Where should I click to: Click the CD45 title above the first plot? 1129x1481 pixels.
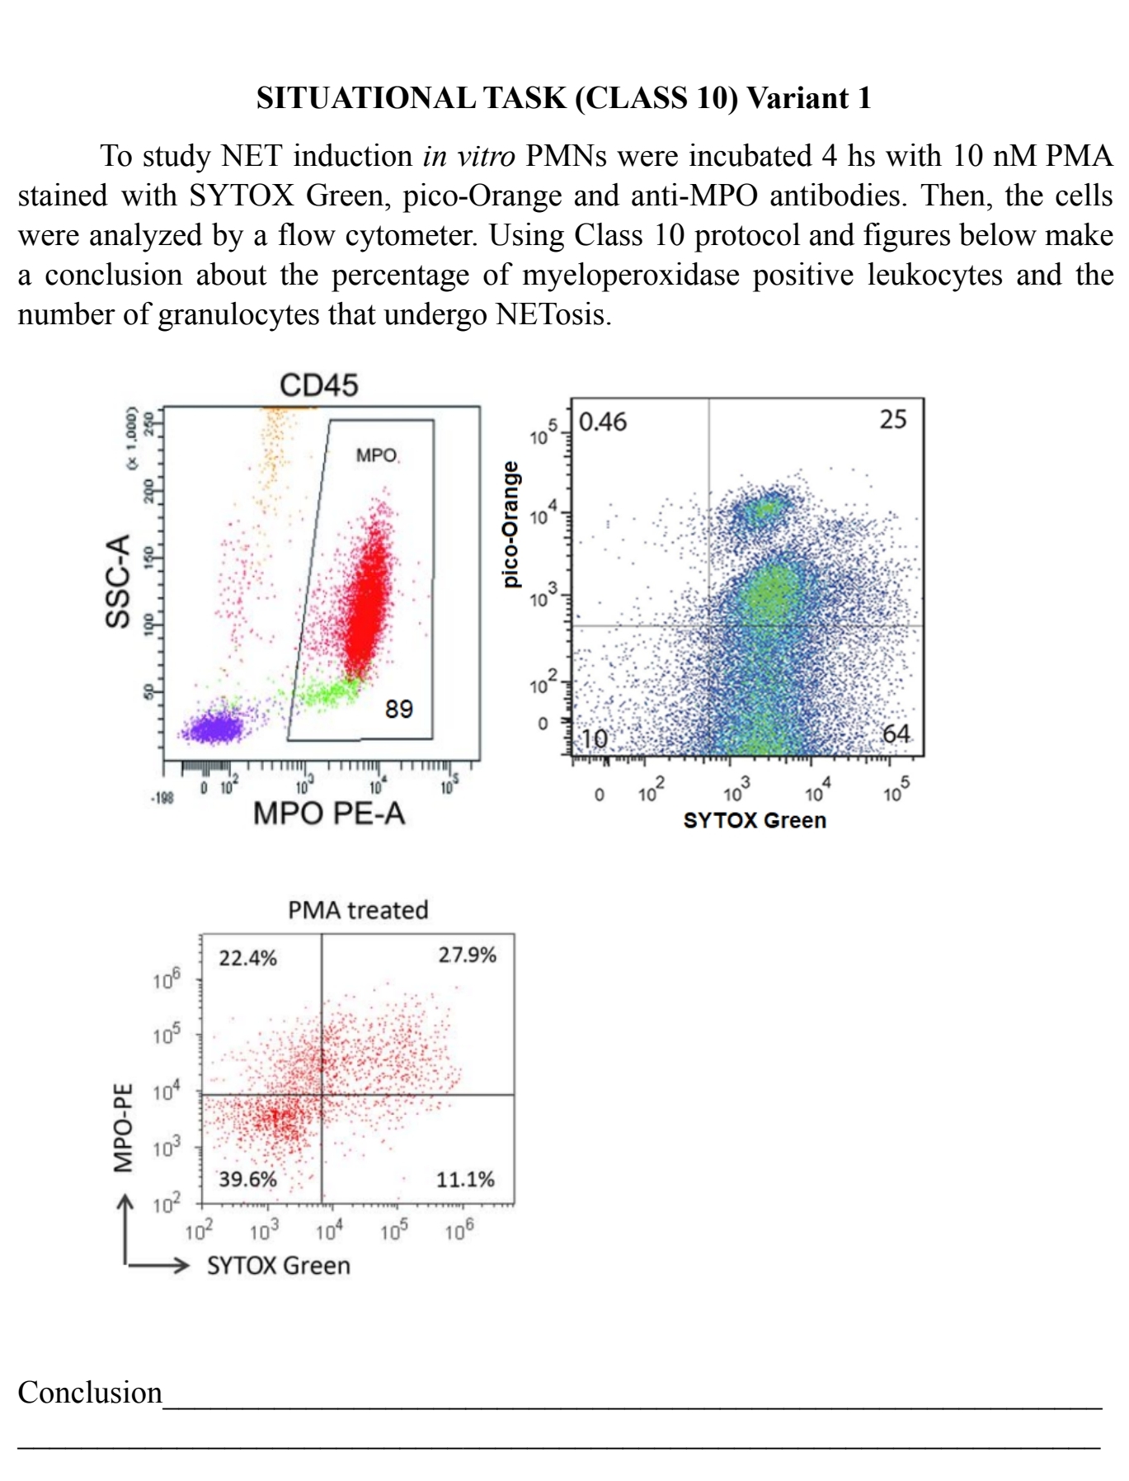coord(318,385)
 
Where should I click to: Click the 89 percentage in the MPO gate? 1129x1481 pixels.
coord(399,709)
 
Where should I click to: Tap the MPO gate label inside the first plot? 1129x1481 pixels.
coord(376,455)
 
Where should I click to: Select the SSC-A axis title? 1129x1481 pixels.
coord(118,581)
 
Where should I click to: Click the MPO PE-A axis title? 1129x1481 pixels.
coord(329,814)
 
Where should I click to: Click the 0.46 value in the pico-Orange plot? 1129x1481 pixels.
coord(603,422)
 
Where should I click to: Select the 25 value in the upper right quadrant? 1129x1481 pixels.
coord(892,419)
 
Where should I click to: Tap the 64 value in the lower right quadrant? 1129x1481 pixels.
coord(896,733)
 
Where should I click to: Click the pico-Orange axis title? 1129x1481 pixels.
coord(511,524)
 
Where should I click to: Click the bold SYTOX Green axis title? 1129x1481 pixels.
coord(755,820)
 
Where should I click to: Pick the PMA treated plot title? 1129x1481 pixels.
coord(358,910)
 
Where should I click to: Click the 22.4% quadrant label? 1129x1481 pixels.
coord(247,958)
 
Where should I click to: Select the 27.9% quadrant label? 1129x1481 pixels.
coord(467,955)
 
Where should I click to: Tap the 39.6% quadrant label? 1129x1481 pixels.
coord(247,1179)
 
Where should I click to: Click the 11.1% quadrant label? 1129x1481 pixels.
coord(465,1179)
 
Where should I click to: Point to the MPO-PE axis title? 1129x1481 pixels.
coord(122,1127)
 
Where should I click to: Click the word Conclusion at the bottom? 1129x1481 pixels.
coord(90,1393)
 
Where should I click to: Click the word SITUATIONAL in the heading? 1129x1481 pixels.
coord(365,98)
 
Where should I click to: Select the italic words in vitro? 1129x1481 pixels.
coord(468,156)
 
